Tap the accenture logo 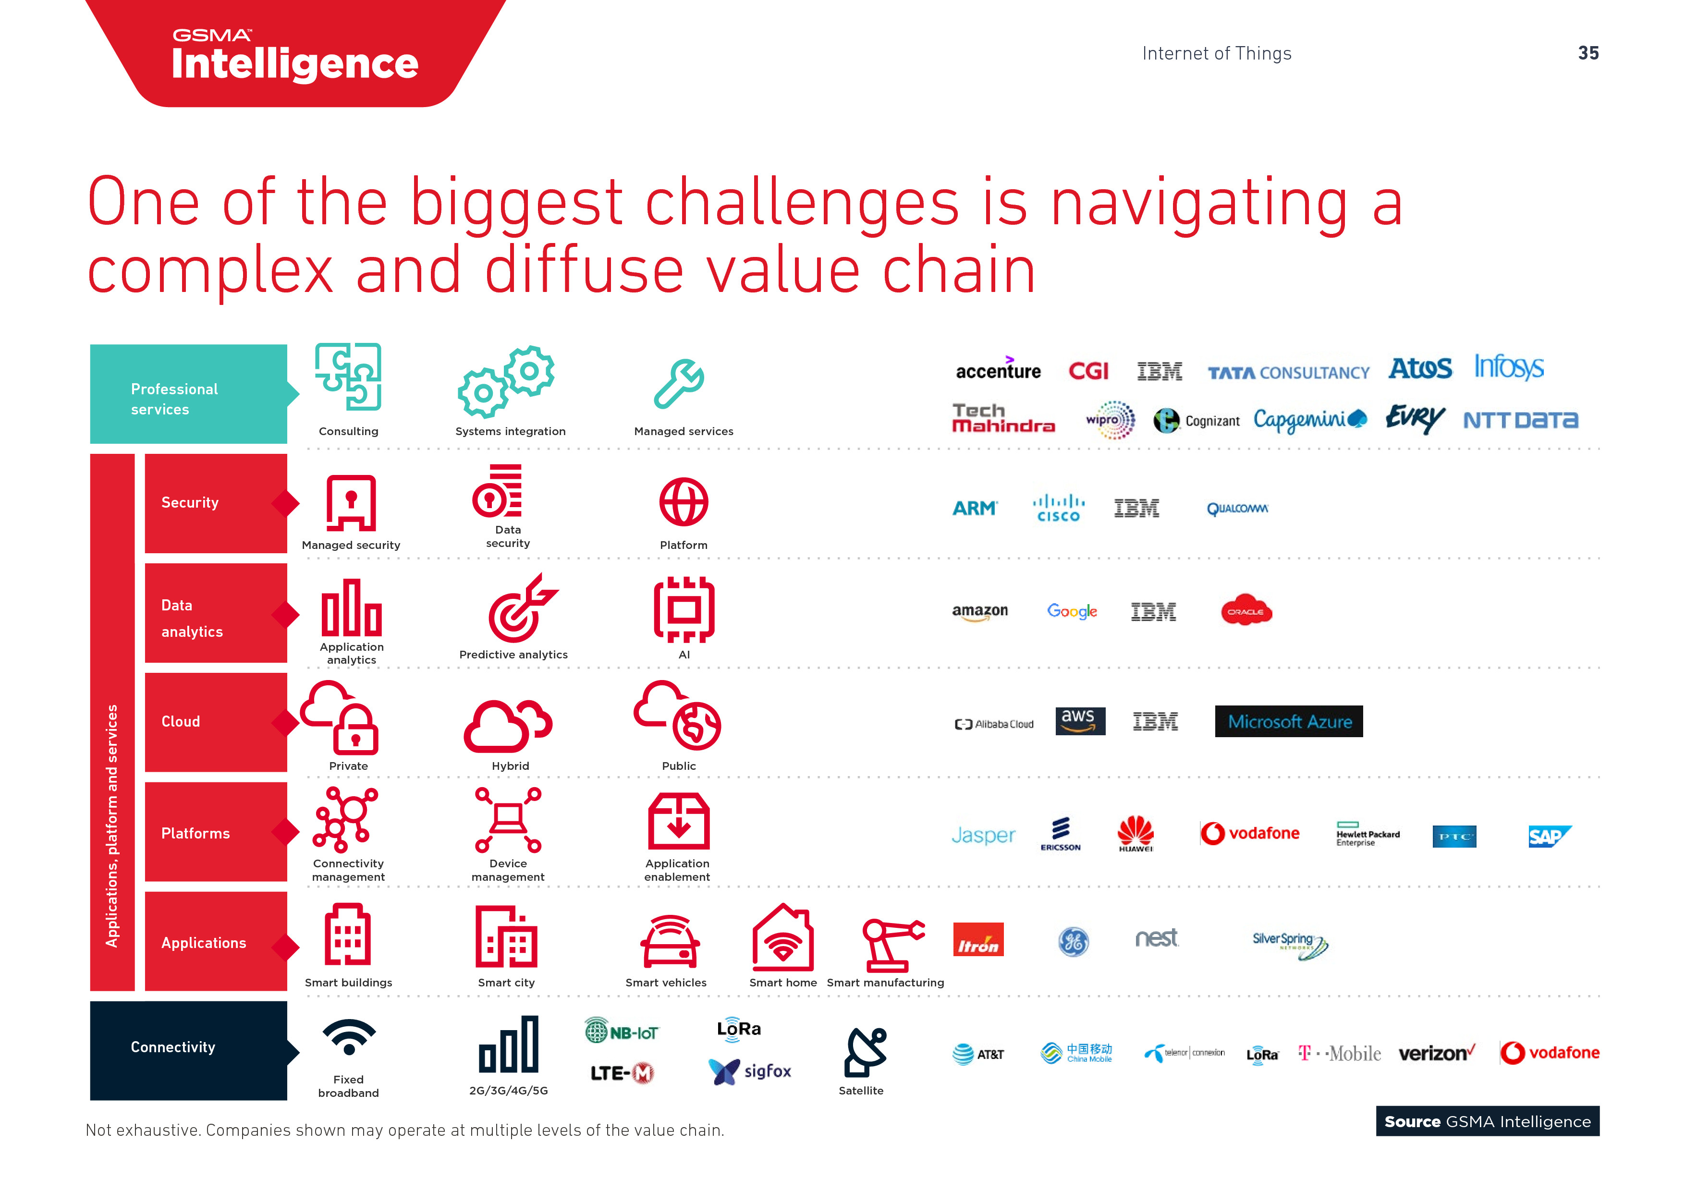(x=998, y=370)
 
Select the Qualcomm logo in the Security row (x=1237, y=509)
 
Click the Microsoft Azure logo (x=1289, y=721)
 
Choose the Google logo (x=1072, y=611)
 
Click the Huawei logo (x=1136, y=834)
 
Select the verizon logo (x=1436, y=1053)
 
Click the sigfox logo (x=750, y=1071)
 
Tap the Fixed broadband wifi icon (x=349, y=1037)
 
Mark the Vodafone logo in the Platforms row (x=1250, y=834)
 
